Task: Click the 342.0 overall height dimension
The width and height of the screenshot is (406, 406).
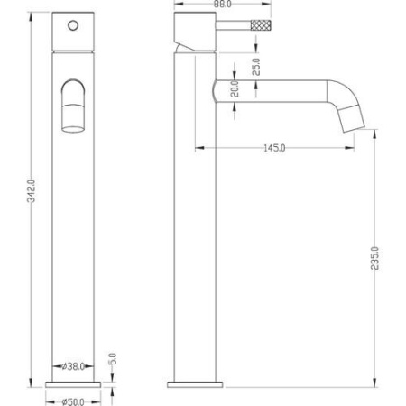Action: pos(32,190)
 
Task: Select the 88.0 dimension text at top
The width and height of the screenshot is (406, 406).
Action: pos(223,5)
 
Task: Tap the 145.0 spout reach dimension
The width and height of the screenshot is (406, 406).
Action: pos(274,148)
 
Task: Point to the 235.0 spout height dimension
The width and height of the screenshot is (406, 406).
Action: pos(374,258)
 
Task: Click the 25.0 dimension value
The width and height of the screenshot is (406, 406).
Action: pos(255,67)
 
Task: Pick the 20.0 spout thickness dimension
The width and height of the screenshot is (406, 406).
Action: pos(235,88)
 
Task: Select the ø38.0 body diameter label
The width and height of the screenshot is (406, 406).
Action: pos(73,366)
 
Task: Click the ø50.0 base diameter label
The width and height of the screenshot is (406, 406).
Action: pos(73,402)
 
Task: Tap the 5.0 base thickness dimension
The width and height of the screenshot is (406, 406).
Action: pos(113,359)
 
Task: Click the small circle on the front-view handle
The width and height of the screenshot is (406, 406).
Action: pos(73,25)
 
